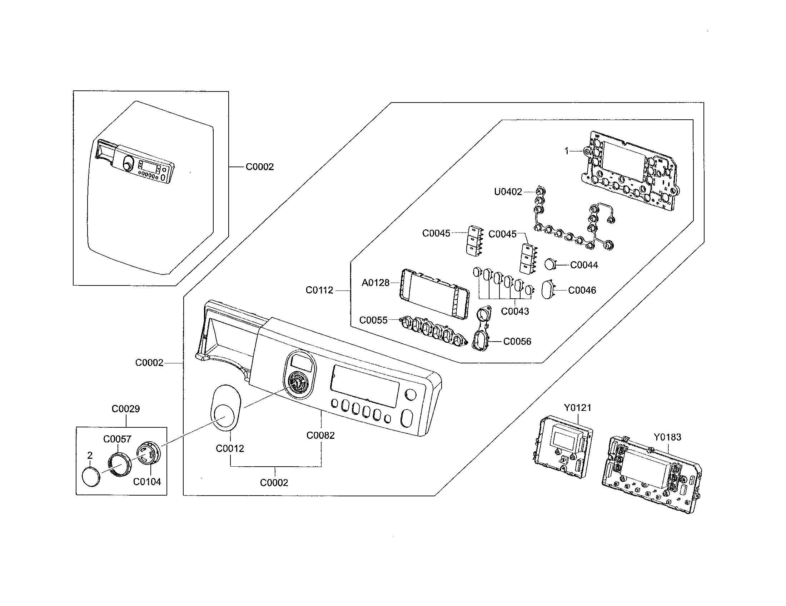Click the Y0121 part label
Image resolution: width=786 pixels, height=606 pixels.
pos(577,408)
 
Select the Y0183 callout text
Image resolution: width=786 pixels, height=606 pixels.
pos(667,437)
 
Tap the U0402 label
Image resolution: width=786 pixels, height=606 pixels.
pos(508,192)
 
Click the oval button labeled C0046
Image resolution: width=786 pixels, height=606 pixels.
pos(547,290)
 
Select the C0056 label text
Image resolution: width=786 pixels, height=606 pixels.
pos(517,342)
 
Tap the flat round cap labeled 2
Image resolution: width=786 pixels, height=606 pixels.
pos(91,477)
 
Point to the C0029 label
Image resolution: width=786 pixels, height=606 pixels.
pos(126,409)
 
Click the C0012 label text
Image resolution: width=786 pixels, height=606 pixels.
pos(230,448)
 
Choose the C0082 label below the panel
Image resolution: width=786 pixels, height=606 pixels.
pos(320,436)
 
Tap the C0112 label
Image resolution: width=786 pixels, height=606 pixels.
pos(319,290)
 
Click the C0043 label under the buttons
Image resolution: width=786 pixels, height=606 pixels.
pos(515,311)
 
